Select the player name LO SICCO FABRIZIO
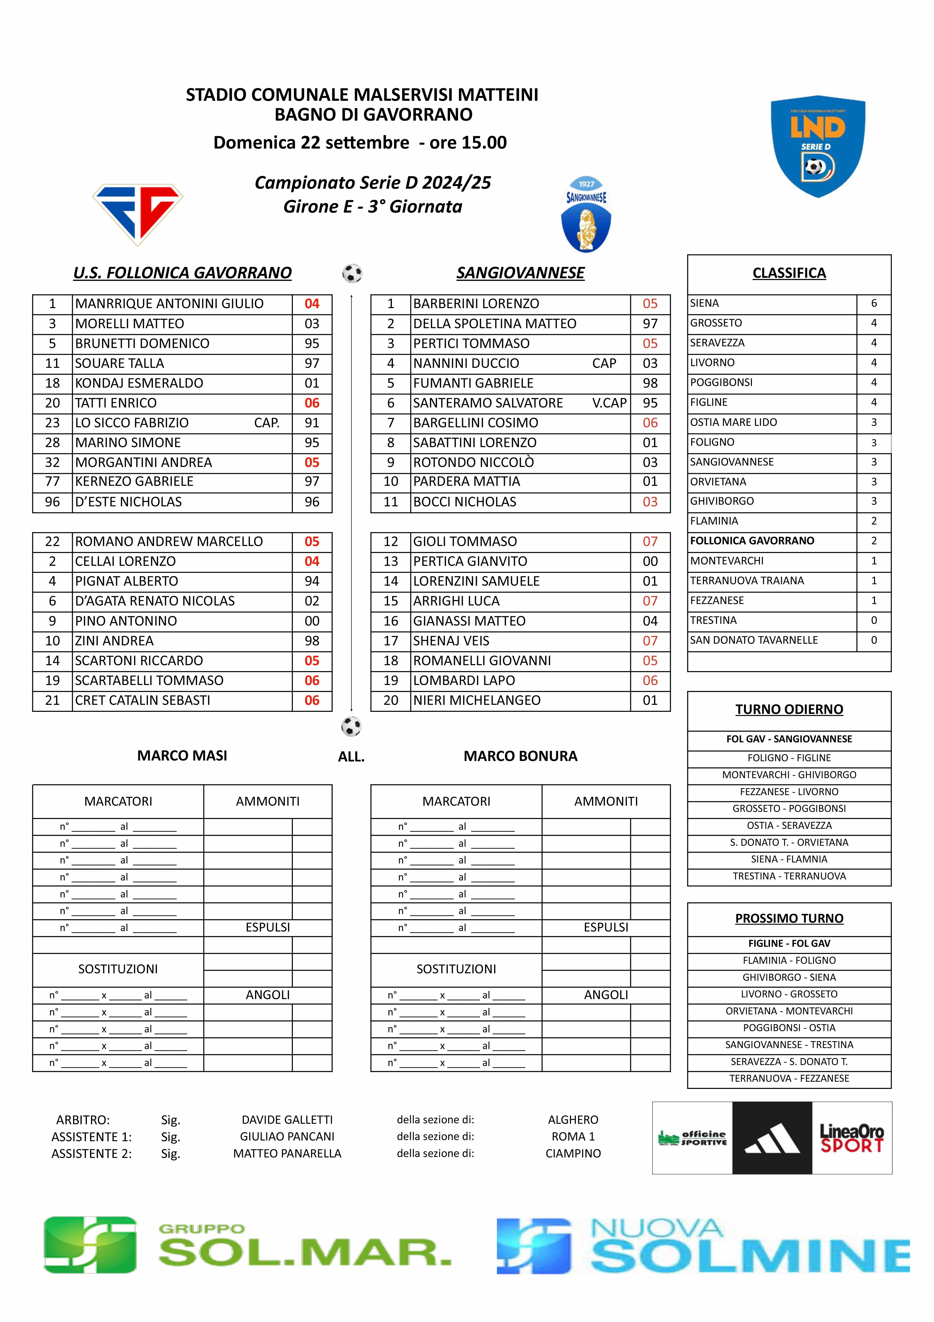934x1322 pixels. point(132,423)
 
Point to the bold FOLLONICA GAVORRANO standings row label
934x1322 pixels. point(752,541)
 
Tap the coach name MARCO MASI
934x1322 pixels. point(182,755)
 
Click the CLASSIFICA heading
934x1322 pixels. point(789,273)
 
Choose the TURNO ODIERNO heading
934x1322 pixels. point(789,709)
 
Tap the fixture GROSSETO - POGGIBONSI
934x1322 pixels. point(789,808)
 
